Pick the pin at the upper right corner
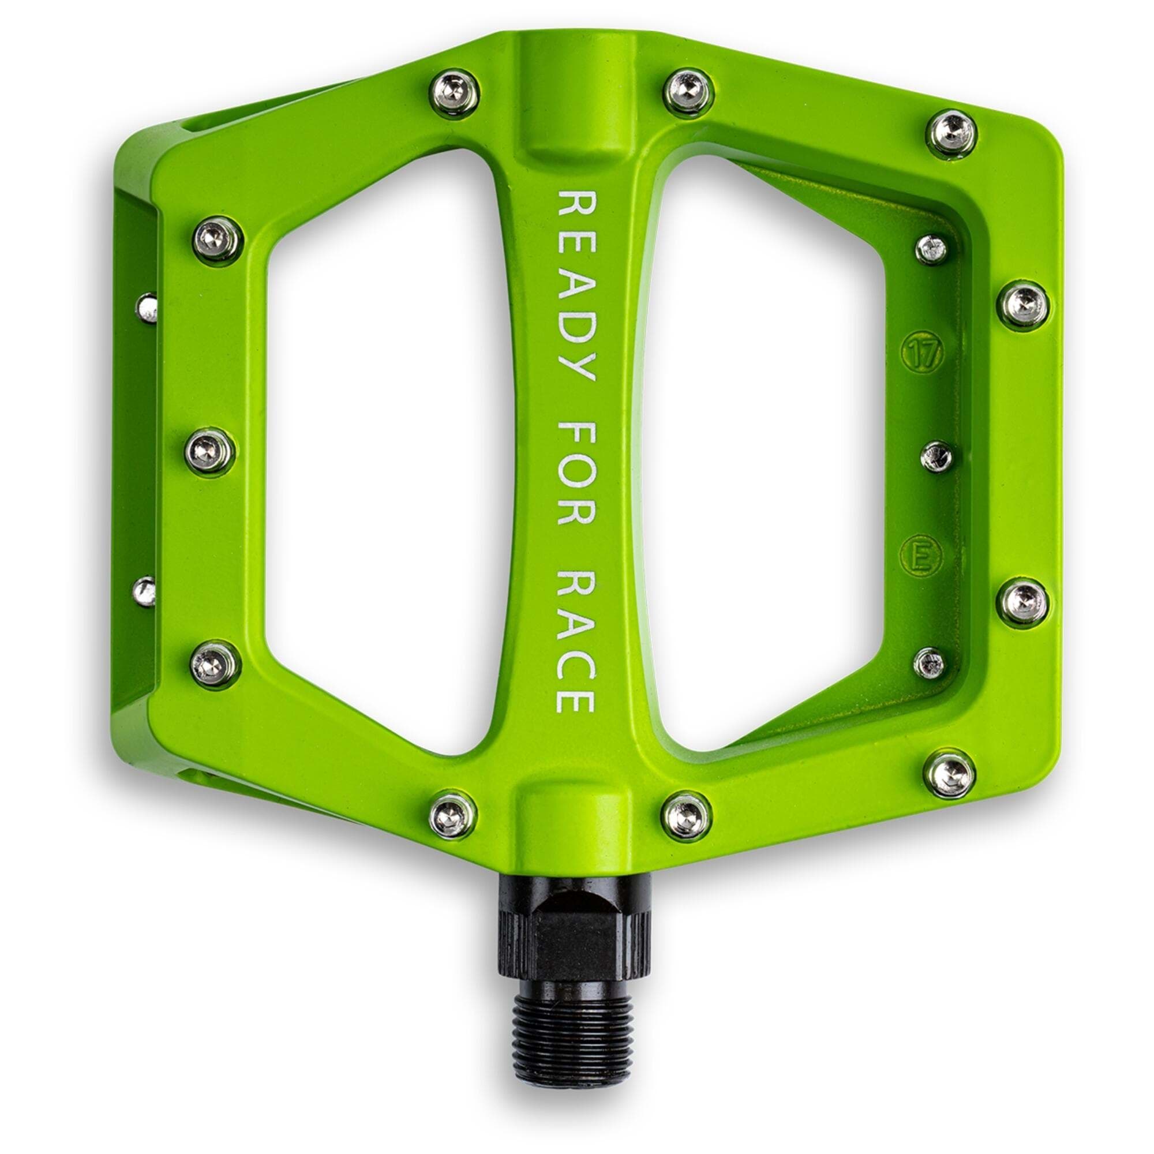pos(951,136)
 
